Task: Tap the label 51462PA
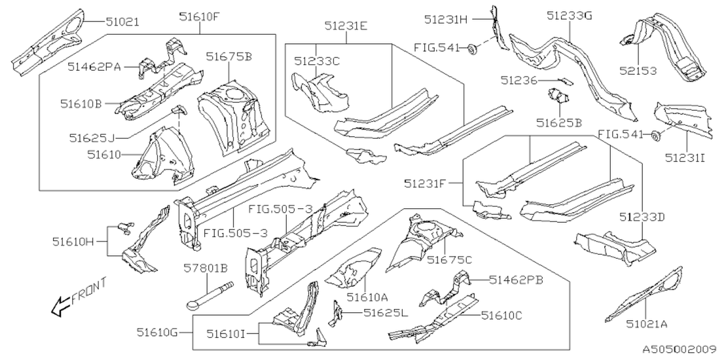tap(94, 66)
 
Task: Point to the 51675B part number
tap(228, 56)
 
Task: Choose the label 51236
tap(519, 80)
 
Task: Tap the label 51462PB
tap(515, 279)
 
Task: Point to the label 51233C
tap(317, 61)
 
